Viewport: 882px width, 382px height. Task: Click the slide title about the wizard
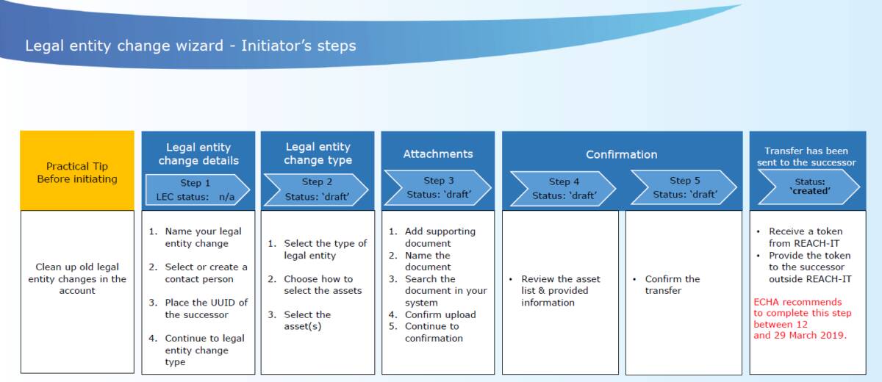pyautogui.click(x=190, y=46)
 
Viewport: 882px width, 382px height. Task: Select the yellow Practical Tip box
pyautogui.click(x=77, y=170)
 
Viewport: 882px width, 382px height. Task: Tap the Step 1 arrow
pyautogui.click(x=197, y=190)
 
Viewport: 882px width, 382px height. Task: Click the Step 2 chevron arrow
pyautogui.click(x=316, y=190)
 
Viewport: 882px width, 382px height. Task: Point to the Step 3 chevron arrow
pyautogui.click(x=437, y=187)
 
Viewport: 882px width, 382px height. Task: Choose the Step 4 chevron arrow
pyautogui.click(x=563, y=189)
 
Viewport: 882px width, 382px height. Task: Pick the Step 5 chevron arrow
pyautogui.click(x=684, y=187)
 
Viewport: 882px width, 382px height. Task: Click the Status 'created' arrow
pyautogui.click(x=808, y=187)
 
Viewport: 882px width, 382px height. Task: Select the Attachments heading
pyautogui.click(x=438, y=154)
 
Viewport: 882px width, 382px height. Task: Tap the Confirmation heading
pyautogui.click(x=621, y=154)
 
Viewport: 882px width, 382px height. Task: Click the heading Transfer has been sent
pyautogui.click(x=806, y=156)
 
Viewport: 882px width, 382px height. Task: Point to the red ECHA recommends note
pyautogui.click(x=803, y=319)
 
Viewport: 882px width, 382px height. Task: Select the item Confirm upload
pyautogui.click(x=432, y=314)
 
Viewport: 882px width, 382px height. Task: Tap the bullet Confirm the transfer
pyautogui.click(x=666, y=285)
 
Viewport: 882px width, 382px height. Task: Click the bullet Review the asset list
pyautogui.click(x=554, y=291)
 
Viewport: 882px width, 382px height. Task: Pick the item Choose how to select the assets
pyautogui.click(x=315, y=285)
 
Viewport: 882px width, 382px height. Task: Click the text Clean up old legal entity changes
pyautogui.click(x=77, y=278)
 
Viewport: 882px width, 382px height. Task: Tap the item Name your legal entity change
pyautogui.click(x=195, y=237)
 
